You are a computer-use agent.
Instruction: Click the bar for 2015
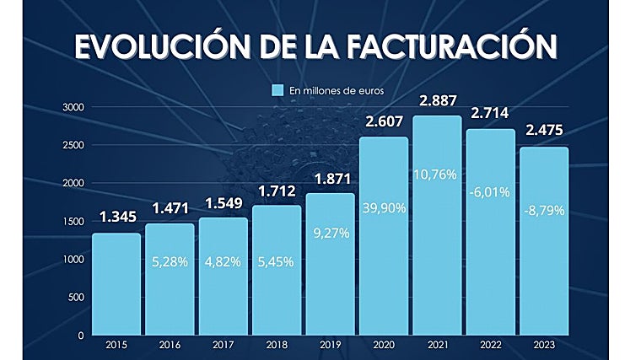(116, 284)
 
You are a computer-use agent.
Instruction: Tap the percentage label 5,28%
(170, 261)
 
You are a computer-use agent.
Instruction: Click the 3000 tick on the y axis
(73, 107)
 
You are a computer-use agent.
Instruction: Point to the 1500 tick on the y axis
(73, 221)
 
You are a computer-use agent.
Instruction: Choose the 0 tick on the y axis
(80, 336)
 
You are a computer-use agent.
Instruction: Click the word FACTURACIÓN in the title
(440, 47)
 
